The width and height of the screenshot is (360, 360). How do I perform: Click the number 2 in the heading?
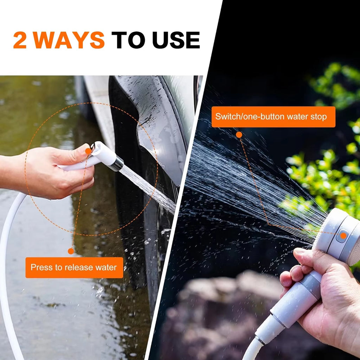coord(20,40)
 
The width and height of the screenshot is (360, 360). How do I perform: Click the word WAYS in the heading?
coord(69,40)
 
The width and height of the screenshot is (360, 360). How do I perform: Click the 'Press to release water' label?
coord(74,268)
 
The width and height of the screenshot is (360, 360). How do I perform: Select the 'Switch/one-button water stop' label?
coord(273,117)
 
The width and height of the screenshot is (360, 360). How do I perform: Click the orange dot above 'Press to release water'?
coord(71,251)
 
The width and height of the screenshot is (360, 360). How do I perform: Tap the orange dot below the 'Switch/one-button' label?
coord(239,135)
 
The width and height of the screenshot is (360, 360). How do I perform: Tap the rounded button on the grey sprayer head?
coord(341,236)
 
